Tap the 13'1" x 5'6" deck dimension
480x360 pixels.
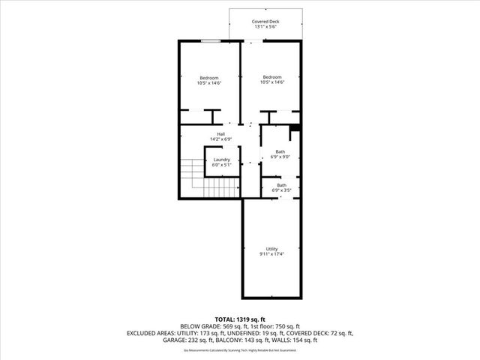[x=265, y=28]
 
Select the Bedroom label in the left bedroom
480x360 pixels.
[x=208, y=78]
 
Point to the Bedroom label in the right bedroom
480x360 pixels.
[x=271, y=76]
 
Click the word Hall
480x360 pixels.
[x=221, y=134]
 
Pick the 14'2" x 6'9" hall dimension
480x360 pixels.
[x=221, y=139]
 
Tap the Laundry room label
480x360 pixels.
[x=221, y=160]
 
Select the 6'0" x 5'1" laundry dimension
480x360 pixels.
[x=221, y=165]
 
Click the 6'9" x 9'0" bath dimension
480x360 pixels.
[x=280, y=157]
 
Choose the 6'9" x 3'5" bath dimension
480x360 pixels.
[x=281, y=190]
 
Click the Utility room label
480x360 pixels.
[x=271, y=249]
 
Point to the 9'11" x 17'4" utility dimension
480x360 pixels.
[x=271, y=254]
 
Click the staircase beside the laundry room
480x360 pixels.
[x=193, y=179]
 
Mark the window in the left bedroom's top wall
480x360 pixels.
[x=210, y=41]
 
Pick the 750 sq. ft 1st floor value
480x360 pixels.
[x=288, y=326]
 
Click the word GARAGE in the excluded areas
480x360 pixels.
[x=192, y=340]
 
